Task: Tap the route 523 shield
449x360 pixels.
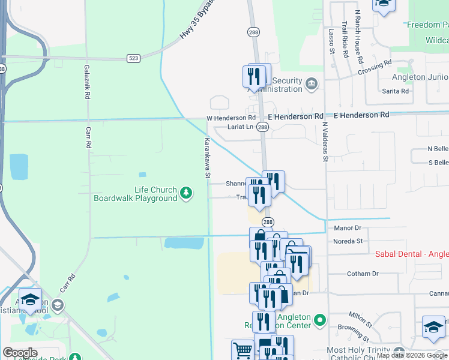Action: point(133,58)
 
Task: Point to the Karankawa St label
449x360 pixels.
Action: point(206,158)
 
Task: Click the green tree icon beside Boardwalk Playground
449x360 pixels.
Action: point(187,193)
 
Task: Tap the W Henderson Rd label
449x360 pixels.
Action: point(231,118)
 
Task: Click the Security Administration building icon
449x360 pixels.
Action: point(311,83)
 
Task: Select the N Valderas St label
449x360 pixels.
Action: point(325,142)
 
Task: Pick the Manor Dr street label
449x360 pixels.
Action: point(347,228)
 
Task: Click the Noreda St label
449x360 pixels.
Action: point(348,241)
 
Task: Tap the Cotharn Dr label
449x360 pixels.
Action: point(363,274)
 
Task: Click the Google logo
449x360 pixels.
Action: point(20,353)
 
